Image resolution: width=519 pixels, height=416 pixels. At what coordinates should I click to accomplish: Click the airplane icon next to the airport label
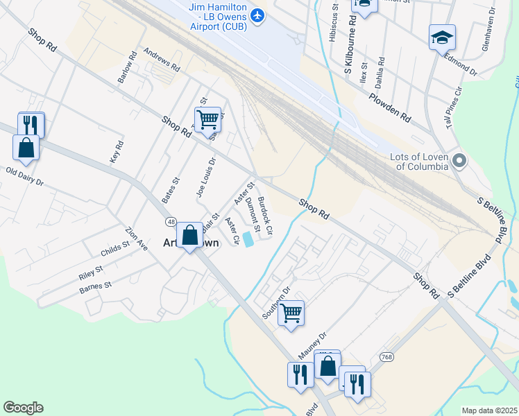pyautogui.click(x=258, y=15)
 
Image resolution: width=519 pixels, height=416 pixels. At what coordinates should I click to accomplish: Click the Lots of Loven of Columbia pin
pyautogui.click(x=459, y=162)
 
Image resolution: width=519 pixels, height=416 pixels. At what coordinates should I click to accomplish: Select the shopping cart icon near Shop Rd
pyautogui.click(x=208, y=119)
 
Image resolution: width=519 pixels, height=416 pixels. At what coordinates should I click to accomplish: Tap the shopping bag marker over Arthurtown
pyautogui.click(x=189, y=235)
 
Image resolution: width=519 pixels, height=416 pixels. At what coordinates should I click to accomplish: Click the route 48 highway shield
pyautogui.click(x=170, y=222)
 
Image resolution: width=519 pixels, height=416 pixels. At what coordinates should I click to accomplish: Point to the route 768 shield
pyautogui.click(x=386, y=356)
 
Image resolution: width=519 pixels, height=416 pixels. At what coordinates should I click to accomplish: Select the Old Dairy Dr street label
pyautogui.click(x=24, y=177)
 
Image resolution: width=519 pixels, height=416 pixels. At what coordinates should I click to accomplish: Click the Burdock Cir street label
pyautogui.click(x=264, y=217)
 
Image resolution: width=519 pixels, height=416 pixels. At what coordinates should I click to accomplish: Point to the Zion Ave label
pyautogui.click(x=137, y=238)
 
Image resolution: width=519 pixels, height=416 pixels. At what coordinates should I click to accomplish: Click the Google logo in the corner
pyautogui.click(x=23, y=408)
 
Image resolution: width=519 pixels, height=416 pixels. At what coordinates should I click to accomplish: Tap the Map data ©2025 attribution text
pyautogui.click(x=489, y=410)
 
